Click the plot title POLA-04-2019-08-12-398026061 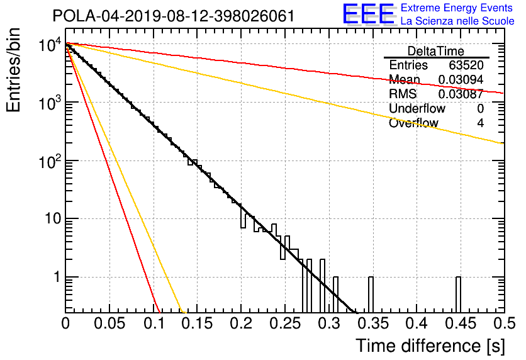click(174, 16)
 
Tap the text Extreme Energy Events click(457, 8)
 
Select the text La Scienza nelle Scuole click(457, 21)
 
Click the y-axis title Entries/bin click(13, 70)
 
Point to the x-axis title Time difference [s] click(430, 346)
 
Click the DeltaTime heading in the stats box click(436, 51)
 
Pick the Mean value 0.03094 click(461, 80)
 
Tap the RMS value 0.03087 click(461, 94)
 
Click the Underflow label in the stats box click(417, 109)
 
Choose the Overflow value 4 click(480, 123)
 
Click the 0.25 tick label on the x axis click(284, 323)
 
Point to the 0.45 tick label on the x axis click(461, 323)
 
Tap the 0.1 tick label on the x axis click(154, 323)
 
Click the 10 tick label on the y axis click(53, 219)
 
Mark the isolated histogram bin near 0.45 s click(458, 295)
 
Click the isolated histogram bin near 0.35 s click(371, 295)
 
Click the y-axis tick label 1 click(57, 277)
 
